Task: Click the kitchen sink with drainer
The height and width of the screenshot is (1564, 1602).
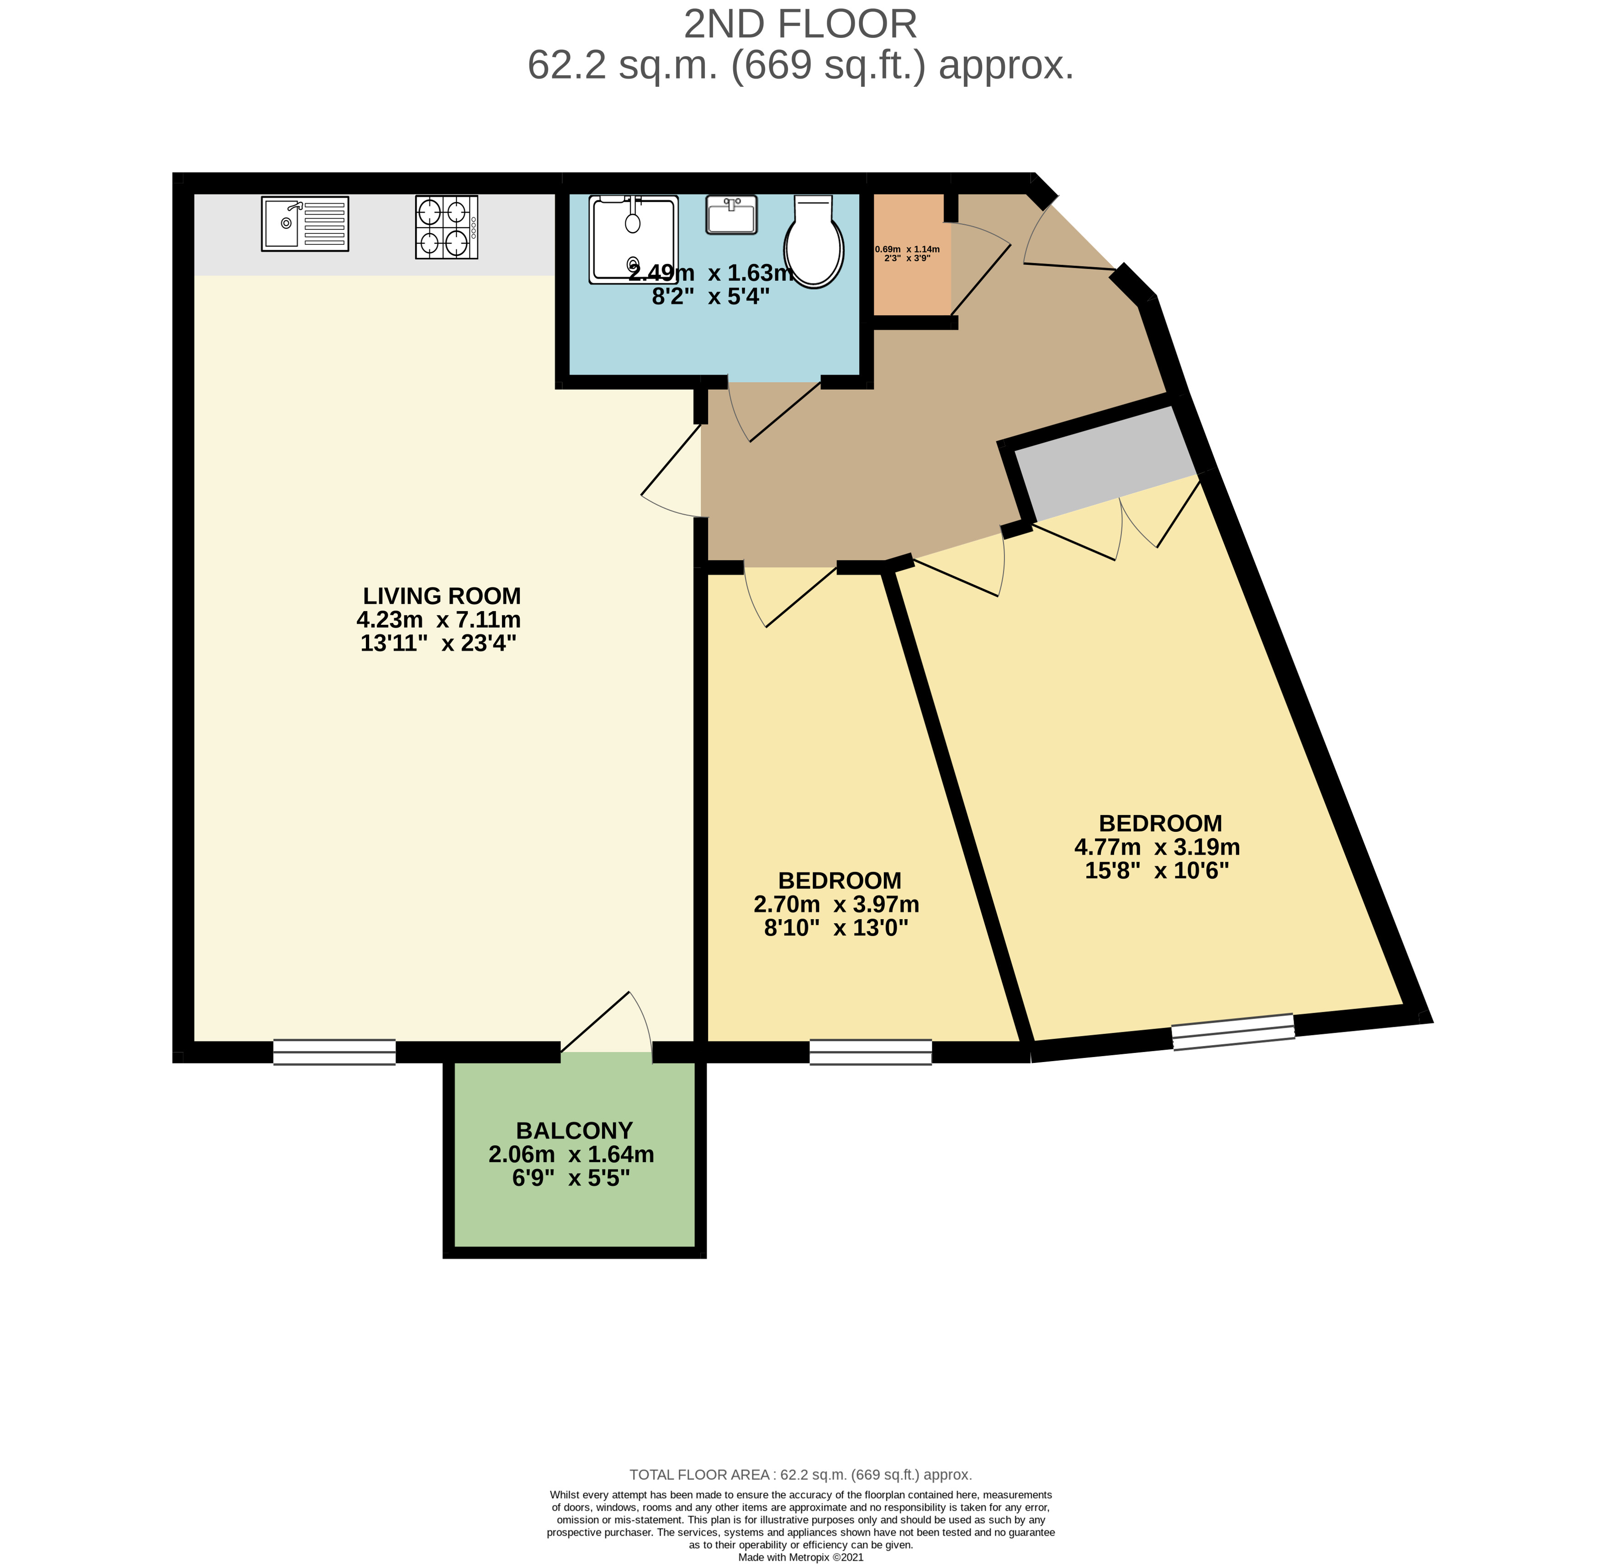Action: (305, 223)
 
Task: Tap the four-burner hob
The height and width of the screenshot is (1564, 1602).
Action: (446, 227)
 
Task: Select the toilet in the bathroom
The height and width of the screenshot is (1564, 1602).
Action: (813, 241)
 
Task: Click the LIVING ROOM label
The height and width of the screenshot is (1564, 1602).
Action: (442, 596)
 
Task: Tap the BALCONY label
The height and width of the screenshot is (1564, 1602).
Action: (574, 1130)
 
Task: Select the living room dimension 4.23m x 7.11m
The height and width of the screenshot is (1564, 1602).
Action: (439, 619)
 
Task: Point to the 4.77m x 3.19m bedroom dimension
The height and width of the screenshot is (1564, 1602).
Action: (1158, 847)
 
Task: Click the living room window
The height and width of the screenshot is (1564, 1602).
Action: (334, 1052)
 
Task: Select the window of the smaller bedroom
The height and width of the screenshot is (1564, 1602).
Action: (871, 1052)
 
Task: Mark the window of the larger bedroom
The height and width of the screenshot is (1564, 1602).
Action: (1233, 1032)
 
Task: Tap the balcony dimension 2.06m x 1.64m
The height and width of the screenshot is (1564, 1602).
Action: (572, 1154)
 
